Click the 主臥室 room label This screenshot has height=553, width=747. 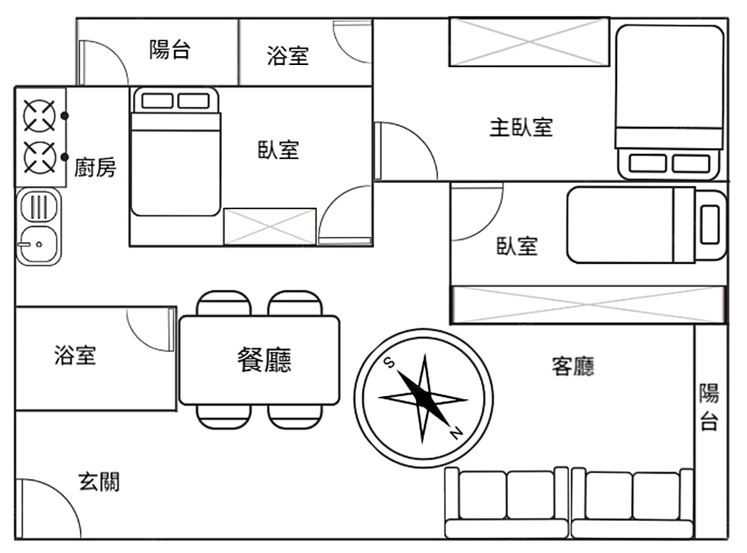click(x=521, y=127)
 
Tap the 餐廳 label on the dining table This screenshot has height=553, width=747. click(x=264, y=359)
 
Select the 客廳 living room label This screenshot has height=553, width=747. click(x=573, y=366)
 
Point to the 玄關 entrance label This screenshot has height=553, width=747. click(x=99, y=483)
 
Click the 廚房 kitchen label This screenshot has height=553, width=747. click(x=96, y=167)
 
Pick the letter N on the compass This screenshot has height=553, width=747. click(x=456, y=433)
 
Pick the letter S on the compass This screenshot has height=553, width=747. click(x=389, y=362)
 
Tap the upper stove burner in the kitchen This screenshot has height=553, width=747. click(x=40, y=116)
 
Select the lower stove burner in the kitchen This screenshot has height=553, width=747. click(x=40, y=158)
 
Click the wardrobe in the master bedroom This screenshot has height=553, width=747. click(x=529, y=42)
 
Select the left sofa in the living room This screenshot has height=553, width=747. click(x=506, y=502)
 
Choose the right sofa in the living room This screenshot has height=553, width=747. click(x=632, y=502)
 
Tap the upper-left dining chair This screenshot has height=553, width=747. click(x=223, y=303)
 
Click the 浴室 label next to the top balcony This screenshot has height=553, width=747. click(x=288, y=55)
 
